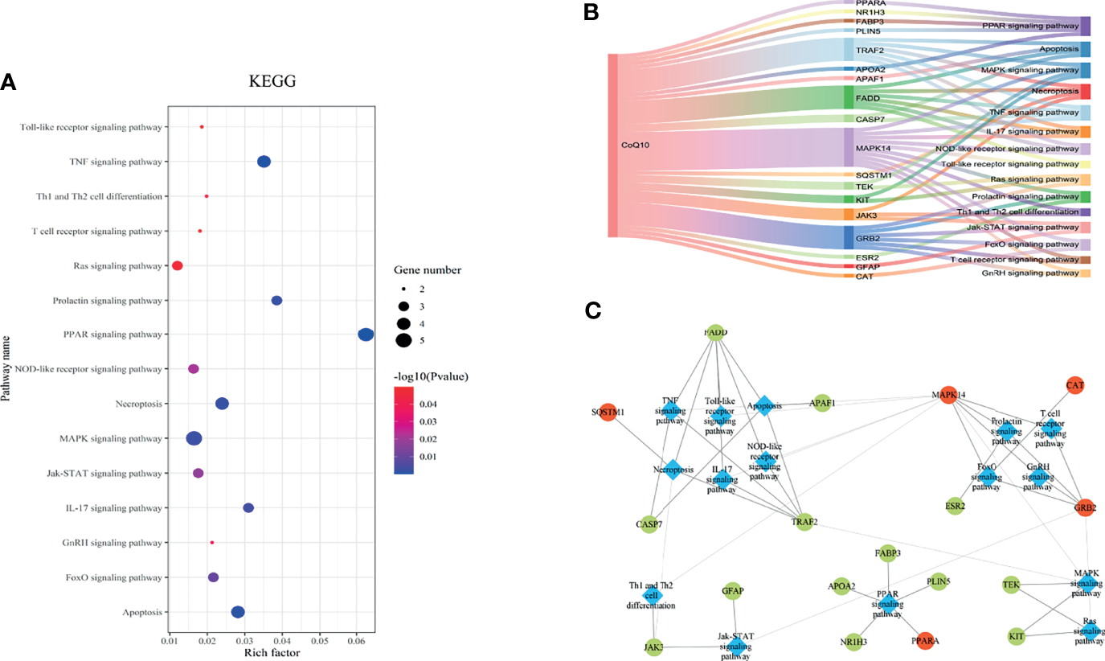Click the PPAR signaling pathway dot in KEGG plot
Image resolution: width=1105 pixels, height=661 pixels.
pos(366,335)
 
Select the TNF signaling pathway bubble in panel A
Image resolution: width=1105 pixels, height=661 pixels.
pos(264,162)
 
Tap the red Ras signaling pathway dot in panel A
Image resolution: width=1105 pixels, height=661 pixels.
pos(178,265)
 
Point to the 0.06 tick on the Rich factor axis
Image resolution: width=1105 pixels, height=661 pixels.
pos(356,641)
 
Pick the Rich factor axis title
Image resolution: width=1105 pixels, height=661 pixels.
pos(272,653)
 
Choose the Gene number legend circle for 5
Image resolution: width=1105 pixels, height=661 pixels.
pos(403,340)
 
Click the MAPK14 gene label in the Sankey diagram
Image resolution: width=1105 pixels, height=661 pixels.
pos(873,148)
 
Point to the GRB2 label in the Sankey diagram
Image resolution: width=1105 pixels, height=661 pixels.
pos(868,239)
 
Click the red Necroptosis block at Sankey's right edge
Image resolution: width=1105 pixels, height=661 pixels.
pos(1085,92)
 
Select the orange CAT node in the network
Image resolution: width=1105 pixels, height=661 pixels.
pos(1074,385)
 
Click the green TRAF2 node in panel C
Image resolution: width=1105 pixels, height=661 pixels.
pos(803,522)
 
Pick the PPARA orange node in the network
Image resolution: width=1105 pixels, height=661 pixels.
pos(925,641)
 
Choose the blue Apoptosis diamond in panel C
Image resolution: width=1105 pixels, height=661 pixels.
pos(764,406)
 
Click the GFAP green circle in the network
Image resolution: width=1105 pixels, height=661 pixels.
pos(732,591)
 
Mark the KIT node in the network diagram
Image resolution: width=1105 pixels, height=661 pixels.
pos(1017,636)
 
